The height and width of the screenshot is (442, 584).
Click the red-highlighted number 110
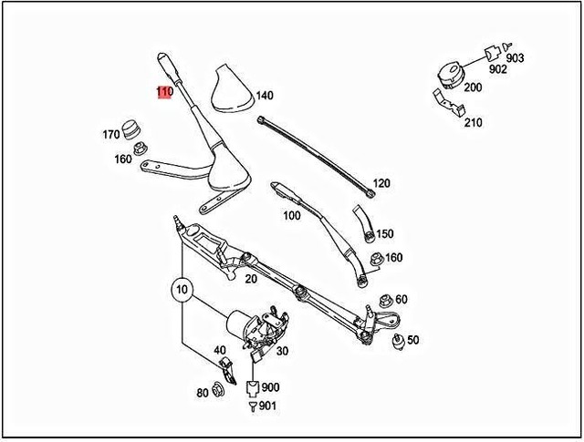tap(164, 92)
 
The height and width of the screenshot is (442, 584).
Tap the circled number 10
tap(182, 293)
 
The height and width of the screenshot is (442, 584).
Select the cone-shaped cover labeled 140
tap(228, 92)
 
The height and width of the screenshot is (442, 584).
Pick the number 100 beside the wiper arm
tap(291, 216)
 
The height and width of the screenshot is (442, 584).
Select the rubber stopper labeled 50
tap(397, 341)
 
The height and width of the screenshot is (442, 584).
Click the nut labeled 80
tap(218, 392)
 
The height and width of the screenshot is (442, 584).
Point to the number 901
tap(267, 406)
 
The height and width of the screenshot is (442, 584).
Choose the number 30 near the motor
tap(282, 352)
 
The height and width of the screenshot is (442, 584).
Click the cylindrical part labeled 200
tap(450, 72)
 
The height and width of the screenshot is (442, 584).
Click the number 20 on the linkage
tap(250, 280)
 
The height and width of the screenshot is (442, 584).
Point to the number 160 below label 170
tap(122, 159)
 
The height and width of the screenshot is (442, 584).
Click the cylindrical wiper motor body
tap(240, 321)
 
